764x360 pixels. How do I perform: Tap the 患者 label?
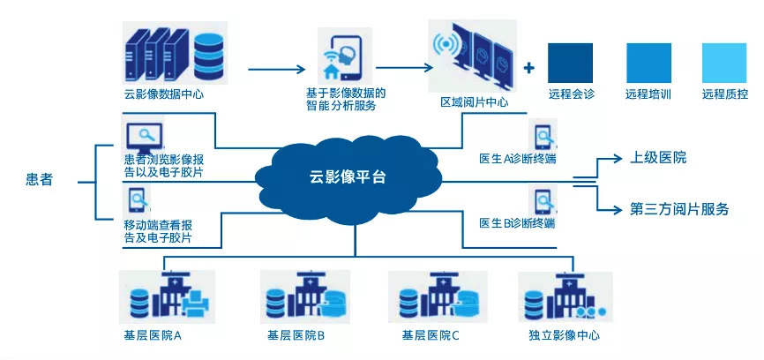click(39, 180)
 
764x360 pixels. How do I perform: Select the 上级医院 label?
click(658, 158)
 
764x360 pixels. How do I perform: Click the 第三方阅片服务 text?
click(679, 209)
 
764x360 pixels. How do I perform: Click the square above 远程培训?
click(648, 63)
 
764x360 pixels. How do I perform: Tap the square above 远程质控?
click(724, 63)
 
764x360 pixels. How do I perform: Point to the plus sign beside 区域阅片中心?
click(529, 67)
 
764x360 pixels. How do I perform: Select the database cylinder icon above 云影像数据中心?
click(208, 55)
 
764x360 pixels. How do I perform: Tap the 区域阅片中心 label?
click(474, 103)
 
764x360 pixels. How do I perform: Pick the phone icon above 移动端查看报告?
click(136, 196)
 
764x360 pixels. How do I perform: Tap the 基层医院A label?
click(153, 335)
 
